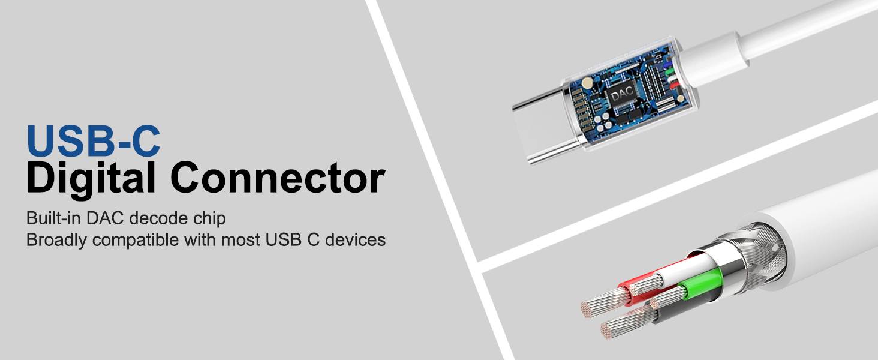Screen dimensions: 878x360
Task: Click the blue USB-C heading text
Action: (94, 140)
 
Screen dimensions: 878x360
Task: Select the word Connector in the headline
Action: (278, 178)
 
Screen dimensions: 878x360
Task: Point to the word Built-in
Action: (53, 218)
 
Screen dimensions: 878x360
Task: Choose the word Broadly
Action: (56, 240)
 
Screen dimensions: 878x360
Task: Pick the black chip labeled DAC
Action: (623, 95)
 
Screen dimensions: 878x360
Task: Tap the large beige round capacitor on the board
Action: (587, 83)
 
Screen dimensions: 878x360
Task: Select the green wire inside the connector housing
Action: (671, 71)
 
